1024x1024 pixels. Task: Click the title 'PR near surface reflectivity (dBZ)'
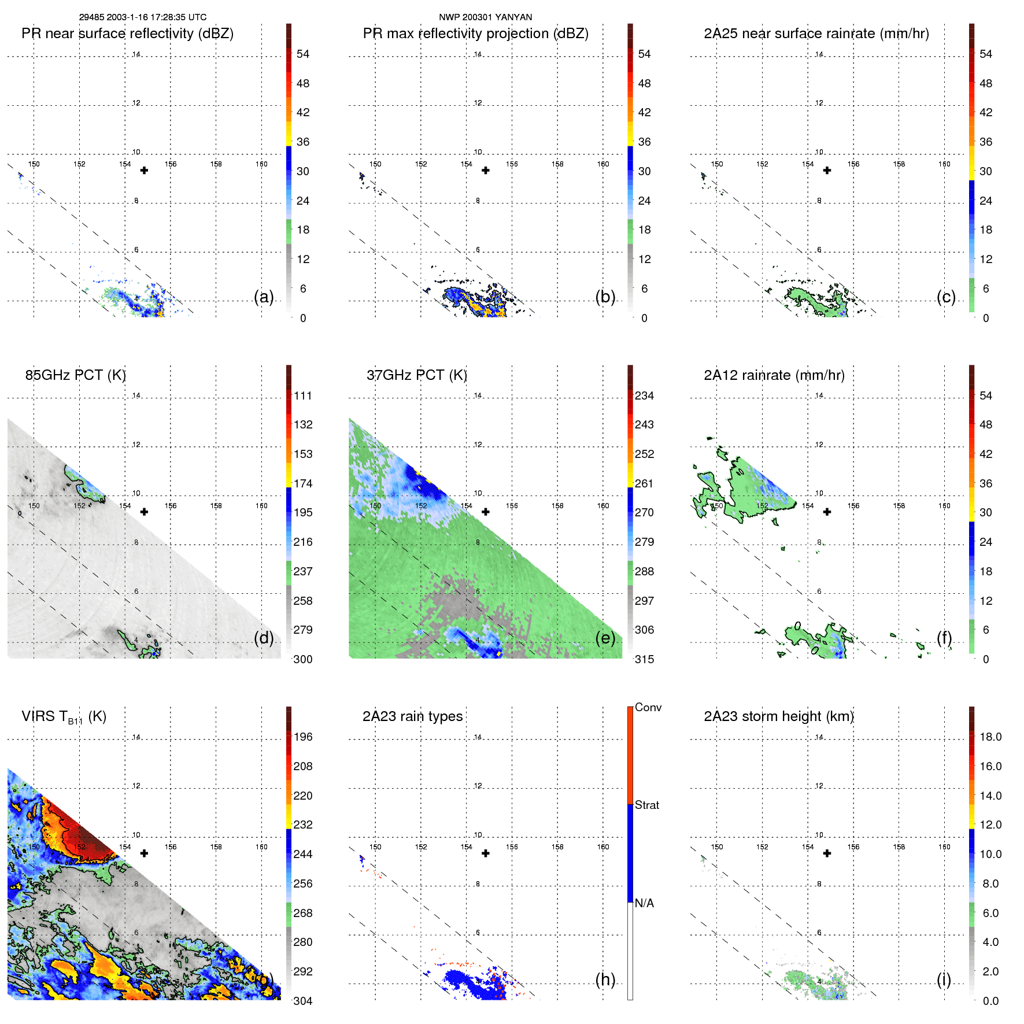coord(127,34)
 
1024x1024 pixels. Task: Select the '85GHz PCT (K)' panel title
coord(75,375)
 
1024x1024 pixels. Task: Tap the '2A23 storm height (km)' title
coord(778,716)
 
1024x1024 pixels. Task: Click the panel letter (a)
coord(264,297)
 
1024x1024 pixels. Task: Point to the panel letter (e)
coord(605,638)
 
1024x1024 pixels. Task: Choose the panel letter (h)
coord(605,979)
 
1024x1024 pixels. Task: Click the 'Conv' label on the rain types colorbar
coord(648,707)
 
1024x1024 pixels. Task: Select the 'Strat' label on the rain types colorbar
coord(646,805)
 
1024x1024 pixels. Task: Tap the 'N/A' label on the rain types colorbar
coord(644,903)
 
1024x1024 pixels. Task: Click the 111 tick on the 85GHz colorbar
coord(302,395)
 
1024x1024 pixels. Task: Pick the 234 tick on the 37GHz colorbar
coord(644,395)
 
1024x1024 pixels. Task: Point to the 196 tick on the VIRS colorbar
coord(302,737)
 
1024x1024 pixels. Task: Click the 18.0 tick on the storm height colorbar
coord(990,737)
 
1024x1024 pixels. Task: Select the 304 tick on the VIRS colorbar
coord(302,1001)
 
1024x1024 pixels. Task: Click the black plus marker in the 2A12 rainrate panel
coord(827,512)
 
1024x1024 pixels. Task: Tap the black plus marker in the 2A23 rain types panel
coord(486,853)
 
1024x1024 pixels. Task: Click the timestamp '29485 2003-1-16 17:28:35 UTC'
coord(142,17)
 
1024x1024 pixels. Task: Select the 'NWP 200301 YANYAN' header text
coord(485,17)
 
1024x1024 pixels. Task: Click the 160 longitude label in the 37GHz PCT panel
coord(602,506)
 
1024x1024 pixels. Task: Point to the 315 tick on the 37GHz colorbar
coord(644,659)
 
